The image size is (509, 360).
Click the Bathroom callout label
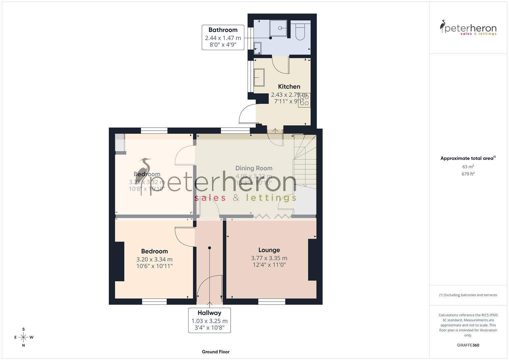[223, 37]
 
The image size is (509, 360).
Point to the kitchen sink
[259, 77]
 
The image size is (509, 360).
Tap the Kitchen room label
[289, 87]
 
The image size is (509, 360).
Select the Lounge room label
[269, 250]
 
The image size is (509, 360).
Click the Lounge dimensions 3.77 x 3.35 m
[269, 258]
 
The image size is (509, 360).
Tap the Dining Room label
[254, 168]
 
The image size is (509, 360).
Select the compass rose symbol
[23, 337]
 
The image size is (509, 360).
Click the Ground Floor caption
[216, 352]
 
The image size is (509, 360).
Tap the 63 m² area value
[468, 167]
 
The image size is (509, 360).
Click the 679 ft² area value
[468, 174]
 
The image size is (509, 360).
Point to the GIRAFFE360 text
[468, 345]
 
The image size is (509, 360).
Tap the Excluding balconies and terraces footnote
[468, 295]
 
